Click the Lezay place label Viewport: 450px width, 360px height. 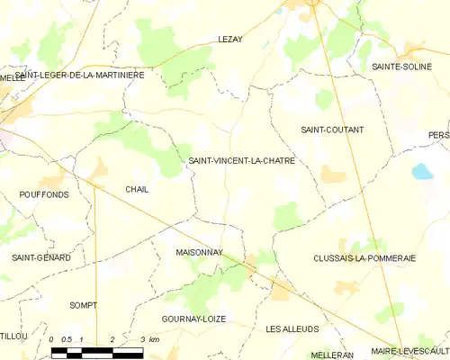click(x=232, y=40)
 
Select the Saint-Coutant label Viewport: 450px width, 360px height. click(x=332, y=130)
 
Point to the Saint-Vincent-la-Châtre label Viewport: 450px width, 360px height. click(x=241, y=160)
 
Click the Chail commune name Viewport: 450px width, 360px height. click(x=137, y=189)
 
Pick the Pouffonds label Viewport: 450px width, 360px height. click(x=43, y=194)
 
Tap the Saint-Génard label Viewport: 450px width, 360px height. click(x=41, y=258)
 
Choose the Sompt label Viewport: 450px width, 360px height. click(x=83, y=305)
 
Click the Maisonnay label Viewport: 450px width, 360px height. click(x=199, y=255)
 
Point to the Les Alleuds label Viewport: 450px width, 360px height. click(x=292, y=329)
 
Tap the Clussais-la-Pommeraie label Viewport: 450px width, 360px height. click(x=364, y=257)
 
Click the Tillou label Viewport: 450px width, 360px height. click(x=13, y=336)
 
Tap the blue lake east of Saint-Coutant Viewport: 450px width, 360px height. click(x=421, y=171)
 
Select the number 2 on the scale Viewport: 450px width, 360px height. click(x=112, y=339)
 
